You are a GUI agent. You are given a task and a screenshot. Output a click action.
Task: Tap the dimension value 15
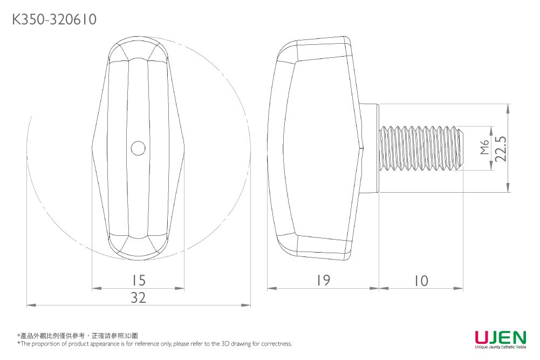click(139, 281)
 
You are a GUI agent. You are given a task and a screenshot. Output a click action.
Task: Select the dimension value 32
click(139, 297)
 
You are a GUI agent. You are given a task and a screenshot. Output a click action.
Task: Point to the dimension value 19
click(324, 281)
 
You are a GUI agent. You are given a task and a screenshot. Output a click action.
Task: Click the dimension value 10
click(421, 281)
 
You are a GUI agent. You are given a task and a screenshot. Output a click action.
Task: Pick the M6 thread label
click(484, 148)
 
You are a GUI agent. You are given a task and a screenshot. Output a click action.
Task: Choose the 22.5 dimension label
click(502, 148)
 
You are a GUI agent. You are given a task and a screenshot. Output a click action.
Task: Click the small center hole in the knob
click(138, 148)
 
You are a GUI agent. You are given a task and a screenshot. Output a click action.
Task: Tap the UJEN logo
click(500, 338)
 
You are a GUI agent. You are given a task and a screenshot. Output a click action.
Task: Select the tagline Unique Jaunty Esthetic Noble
click(500, 347)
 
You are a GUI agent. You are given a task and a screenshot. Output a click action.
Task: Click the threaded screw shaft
click(421, 148)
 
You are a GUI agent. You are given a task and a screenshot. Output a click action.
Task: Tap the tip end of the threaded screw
click(461, 148)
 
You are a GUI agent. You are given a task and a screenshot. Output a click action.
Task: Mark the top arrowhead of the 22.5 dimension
click(508, 107)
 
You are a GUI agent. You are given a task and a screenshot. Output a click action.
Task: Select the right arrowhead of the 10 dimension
click(460, 289)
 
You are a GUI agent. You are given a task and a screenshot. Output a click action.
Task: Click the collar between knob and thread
click(370, 148)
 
